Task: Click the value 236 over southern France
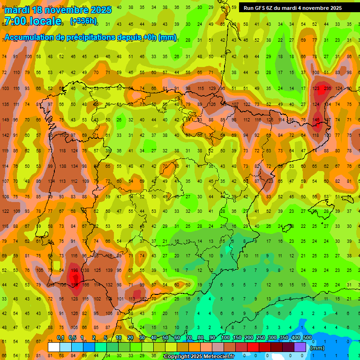(x=327, y=88)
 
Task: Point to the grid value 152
(x=142, y=299)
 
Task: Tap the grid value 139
(x=109, y=270)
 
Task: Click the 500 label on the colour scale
(x=307, y=337)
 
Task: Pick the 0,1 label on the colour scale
(x=60, y=337)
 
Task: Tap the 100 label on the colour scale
(x=225, y=337)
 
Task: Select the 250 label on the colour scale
(x=261, y=337)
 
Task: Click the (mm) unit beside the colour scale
(x=317, y=348)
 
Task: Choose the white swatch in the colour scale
(x=54, y=347)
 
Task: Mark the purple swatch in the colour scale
(x=300, y=347)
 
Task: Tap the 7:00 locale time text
(x=32, y=21)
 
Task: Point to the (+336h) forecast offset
(x=83, y=21)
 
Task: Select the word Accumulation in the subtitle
(x=33, y=37)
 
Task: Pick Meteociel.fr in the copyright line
(x=216, y=357)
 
